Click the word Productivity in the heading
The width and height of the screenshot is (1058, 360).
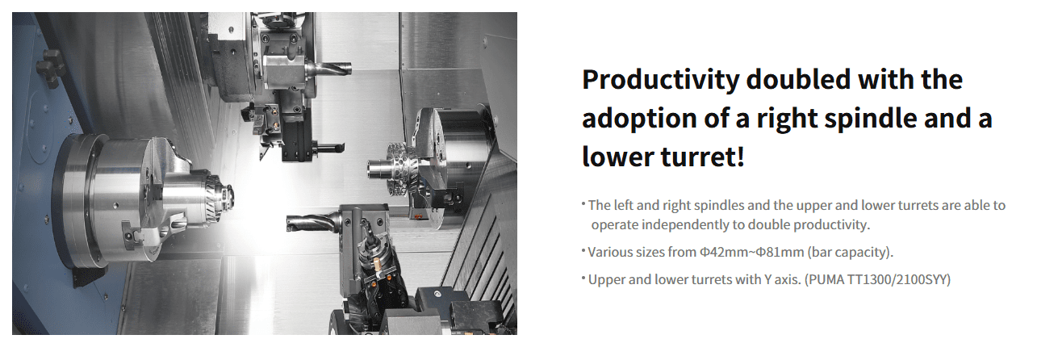tap(661, 80)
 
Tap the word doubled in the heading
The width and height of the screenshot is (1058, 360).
tap(799, 79)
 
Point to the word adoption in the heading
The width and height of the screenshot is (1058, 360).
tap(639, 119)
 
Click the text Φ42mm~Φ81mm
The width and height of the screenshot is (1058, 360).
tap(751, 253)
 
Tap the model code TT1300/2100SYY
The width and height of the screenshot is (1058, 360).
tap(897, 279)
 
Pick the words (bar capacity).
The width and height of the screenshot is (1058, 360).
tap(850, 253)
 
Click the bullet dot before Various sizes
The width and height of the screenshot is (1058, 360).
tap(583, 249)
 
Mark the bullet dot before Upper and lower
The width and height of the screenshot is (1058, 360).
tap(583, 277)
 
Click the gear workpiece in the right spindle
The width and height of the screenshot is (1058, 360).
tap(399, 168)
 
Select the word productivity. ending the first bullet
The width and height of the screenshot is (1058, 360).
tap(832, 225)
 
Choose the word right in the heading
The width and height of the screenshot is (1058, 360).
tap(788, 119)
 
